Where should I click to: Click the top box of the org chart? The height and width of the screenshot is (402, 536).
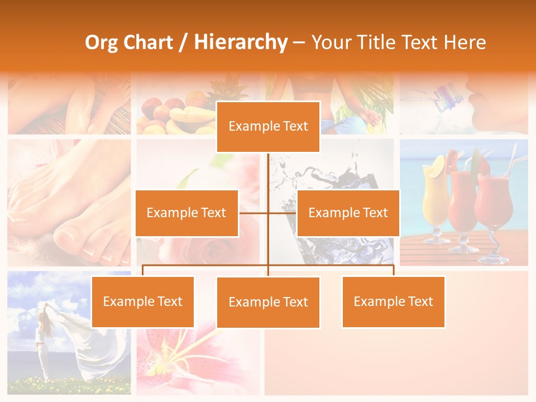coord(268,127)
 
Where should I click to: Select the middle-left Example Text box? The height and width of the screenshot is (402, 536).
coord(186,213)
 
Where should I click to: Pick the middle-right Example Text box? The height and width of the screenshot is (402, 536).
coord(348,213)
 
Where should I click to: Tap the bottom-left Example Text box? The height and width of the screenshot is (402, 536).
coord(142,301)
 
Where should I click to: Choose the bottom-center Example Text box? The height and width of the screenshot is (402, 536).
coord(268,302)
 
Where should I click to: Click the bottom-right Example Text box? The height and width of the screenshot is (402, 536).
coord(393,301)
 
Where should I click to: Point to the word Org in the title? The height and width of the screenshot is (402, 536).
coord(101,42)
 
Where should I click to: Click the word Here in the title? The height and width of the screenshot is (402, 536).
coord(465,42)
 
